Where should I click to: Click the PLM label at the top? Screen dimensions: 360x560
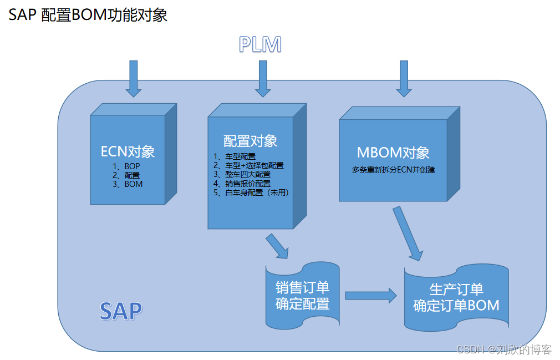click(x=260, y=44)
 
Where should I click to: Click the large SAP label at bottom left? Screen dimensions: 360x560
click(x=120, y=311)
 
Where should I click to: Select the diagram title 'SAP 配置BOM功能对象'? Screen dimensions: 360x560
click(x=88, y=15)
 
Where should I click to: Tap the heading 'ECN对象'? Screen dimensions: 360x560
click(x=128, y=151)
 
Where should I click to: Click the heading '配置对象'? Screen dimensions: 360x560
click(x=250, y=140)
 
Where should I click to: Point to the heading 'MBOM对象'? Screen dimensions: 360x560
click(x=393, y=153)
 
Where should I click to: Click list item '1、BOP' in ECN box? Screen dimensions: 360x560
click(x=128, y=165)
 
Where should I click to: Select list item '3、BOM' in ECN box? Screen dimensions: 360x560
click(x=128, y=184)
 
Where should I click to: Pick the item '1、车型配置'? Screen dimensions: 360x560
click(x=235, y=156)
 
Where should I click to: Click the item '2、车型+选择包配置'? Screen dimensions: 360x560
click(x=249, y=165)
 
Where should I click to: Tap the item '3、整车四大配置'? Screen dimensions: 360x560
click(x=242, y=174)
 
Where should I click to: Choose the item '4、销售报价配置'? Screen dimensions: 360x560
click(x=242, y=184)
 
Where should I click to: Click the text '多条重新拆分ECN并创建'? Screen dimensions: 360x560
click(x=393, y=170)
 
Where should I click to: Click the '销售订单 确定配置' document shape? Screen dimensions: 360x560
click(x=302, y=296)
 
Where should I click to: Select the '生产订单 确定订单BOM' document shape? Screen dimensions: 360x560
click(x=456, y=297)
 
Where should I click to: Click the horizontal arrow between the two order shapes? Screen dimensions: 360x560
click(x=370, y=296)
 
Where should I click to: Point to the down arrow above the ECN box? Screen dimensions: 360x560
click(x=133, y=78)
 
